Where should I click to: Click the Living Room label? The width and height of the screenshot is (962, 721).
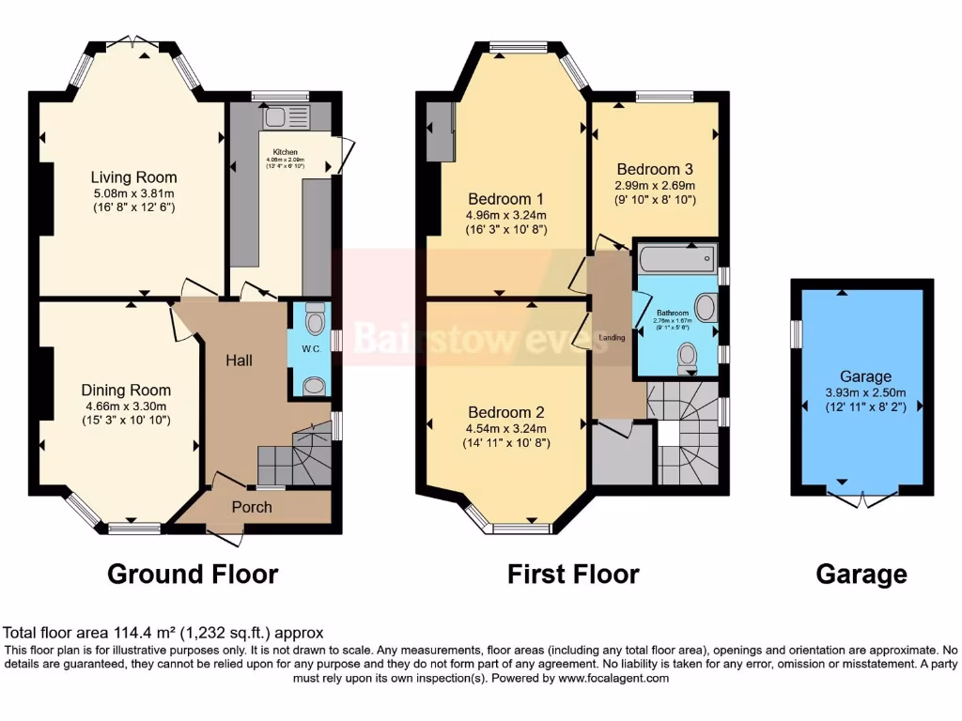[133, 176]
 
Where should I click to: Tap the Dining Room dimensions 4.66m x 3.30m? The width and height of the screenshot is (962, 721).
[126, 407]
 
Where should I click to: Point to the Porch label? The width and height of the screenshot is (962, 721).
[252, 507]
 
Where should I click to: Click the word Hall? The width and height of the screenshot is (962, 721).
[239, 360]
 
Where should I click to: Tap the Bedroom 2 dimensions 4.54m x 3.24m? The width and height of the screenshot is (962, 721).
[507, 428]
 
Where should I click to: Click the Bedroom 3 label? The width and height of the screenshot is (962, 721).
[654, 169]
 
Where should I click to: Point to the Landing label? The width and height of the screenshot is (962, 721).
[612, 337]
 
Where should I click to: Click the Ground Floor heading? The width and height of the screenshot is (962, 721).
[193, 574]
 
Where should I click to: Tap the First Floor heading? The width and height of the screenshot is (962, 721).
[573, 574]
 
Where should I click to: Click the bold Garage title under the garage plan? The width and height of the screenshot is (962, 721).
[861, 574]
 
